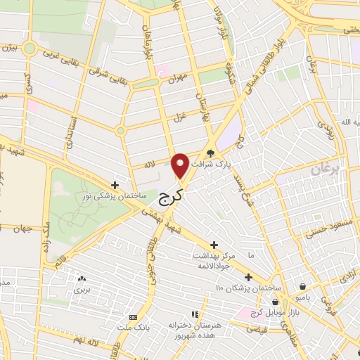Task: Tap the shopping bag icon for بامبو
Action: pos(302,287)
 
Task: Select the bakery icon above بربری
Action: pos(82,278)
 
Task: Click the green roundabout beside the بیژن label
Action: pos(29,48)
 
